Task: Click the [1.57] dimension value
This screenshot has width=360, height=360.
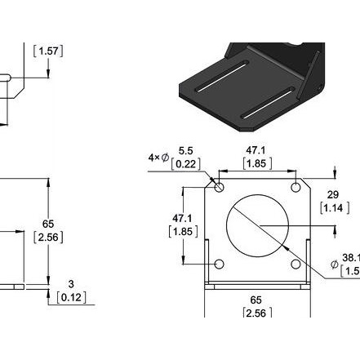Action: point(48,51)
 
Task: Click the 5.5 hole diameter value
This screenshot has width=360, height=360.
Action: point(185,151)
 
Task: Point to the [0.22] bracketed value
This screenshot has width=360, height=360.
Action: point(185,164)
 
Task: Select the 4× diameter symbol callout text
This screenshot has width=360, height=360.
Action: point(158,158)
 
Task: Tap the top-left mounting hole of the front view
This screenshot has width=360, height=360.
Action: point(219,187)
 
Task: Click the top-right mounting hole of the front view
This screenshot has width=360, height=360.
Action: point(296,187)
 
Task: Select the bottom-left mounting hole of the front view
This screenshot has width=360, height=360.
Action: point(219,264)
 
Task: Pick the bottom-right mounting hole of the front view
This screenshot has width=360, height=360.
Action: point(296,264)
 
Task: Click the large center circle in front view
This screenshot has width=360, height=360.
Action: point(257,225)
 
